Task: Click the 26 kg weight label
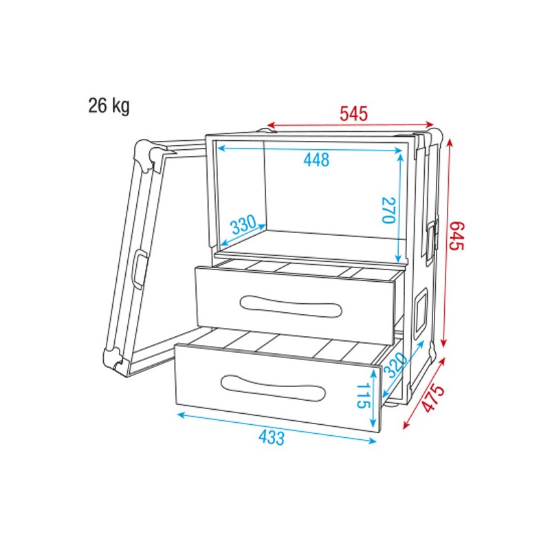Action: pyautogui.click(x=109, y=106)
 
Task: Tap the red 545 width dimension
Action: pyautogui.click(x=354, y=112)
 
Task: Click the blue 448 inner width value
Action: pyautogui.click(x=316, y=160)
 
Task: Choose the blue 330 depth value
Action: pyautogui.click(x=245, y=224)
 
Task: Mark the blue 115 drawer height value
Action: pyautogui.click(x=363, y=396)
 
